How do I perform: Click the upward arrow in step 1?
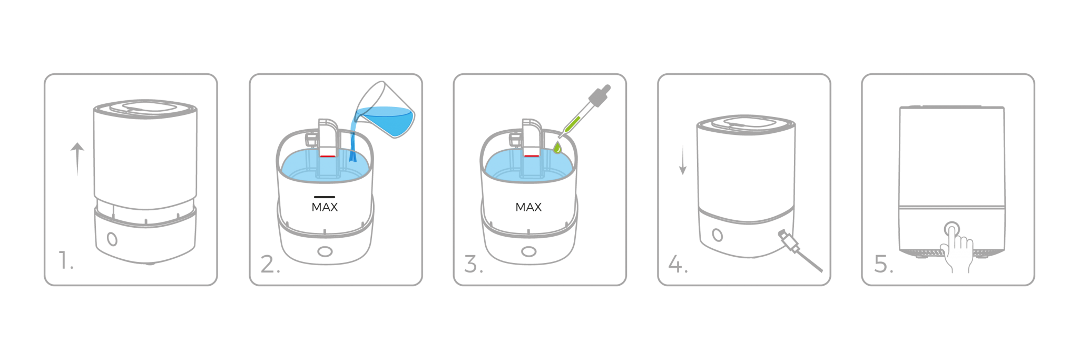coord(77,159)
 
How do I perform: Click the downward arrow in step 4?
coord(683,160)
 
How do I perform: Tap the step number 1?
coord(65,260)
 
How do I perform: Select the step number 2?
coord(270,264)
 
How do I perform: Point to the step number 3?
coord(474,264)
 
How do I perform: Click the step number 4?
coord(678,264)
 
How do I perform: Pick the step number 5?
coord(884,264)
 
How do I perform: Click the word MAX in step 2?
coord(325,207)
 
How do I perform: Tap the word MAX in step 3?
coord(528,207)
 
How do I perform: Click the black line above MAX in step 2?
coord(325,197)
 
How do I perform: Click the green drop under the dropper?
coord(557,148)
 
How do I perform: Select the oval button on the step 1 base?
coord(112,239)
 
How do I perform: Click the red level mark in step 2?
coord(327,156)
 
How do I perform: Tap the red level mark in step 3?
coord(531,156)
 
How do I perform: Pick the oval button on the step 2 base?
coord(325,252)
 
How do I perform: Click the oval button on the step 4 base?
coord(717,235)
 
